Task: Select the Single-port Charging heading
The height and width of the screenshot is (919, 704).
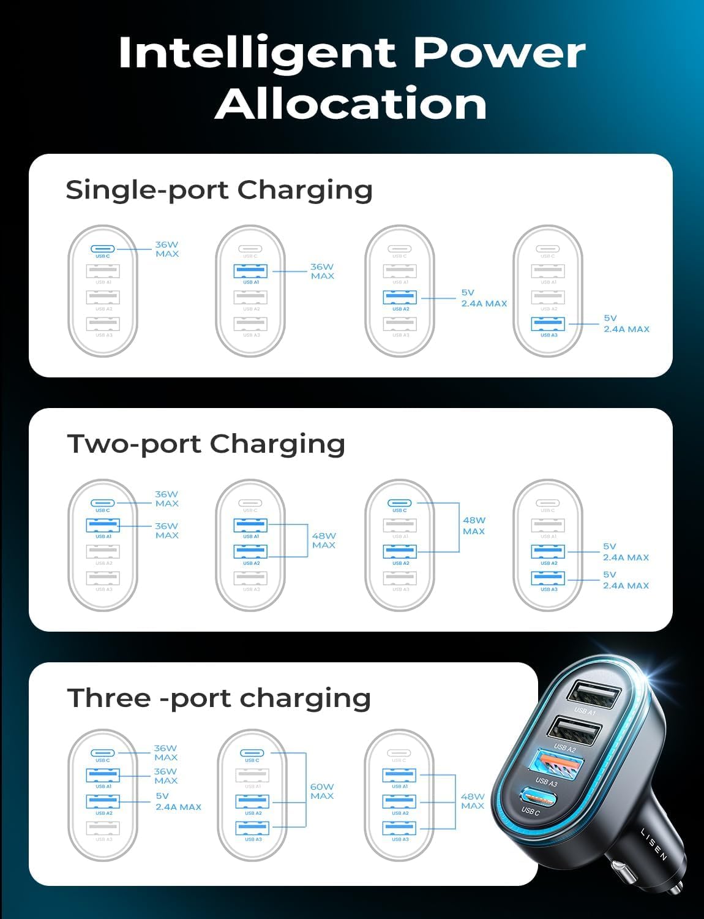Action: tap(219, 190)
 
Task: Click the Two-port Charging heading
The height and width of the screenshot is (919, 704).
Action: tap(206, 444)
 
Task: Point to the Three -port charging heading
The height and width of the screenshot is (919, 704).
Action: tap(219, 698)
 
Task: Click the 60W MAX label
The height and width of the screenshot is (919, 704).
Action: tap(322, 791)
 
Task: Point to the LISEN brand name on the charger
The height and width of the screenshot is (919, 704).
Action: tap(654, 844)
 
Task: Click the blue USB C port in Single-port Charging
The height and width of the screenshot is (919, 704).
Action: tap(103, 249)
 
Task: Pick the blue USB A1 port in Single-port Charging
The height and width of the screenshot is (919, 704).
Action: tap(251, 271)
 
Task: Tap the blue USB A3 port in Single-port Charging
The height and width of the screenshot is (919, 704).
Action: tap(549, 323)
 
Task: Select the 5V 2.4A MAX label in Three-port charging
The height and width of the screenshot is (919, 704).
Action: tap(178, 801)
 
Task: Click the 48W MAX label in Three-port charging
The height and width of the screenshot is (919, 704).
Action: tap(473, 801)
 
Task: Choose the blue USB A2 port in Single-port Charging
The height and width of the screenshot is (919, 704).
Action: tap(400, 297)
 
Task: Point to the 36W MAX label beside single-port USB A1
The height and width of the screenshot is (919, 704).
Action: tap(322, 271)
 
